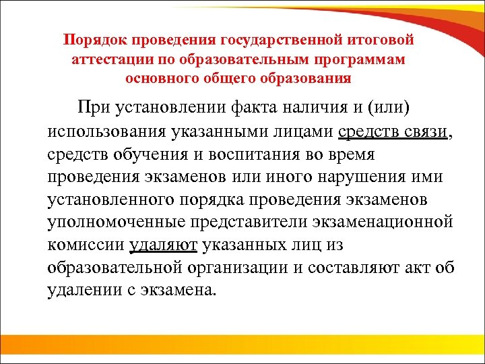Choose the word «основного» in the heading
162,78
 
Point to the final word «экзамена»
180,291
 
